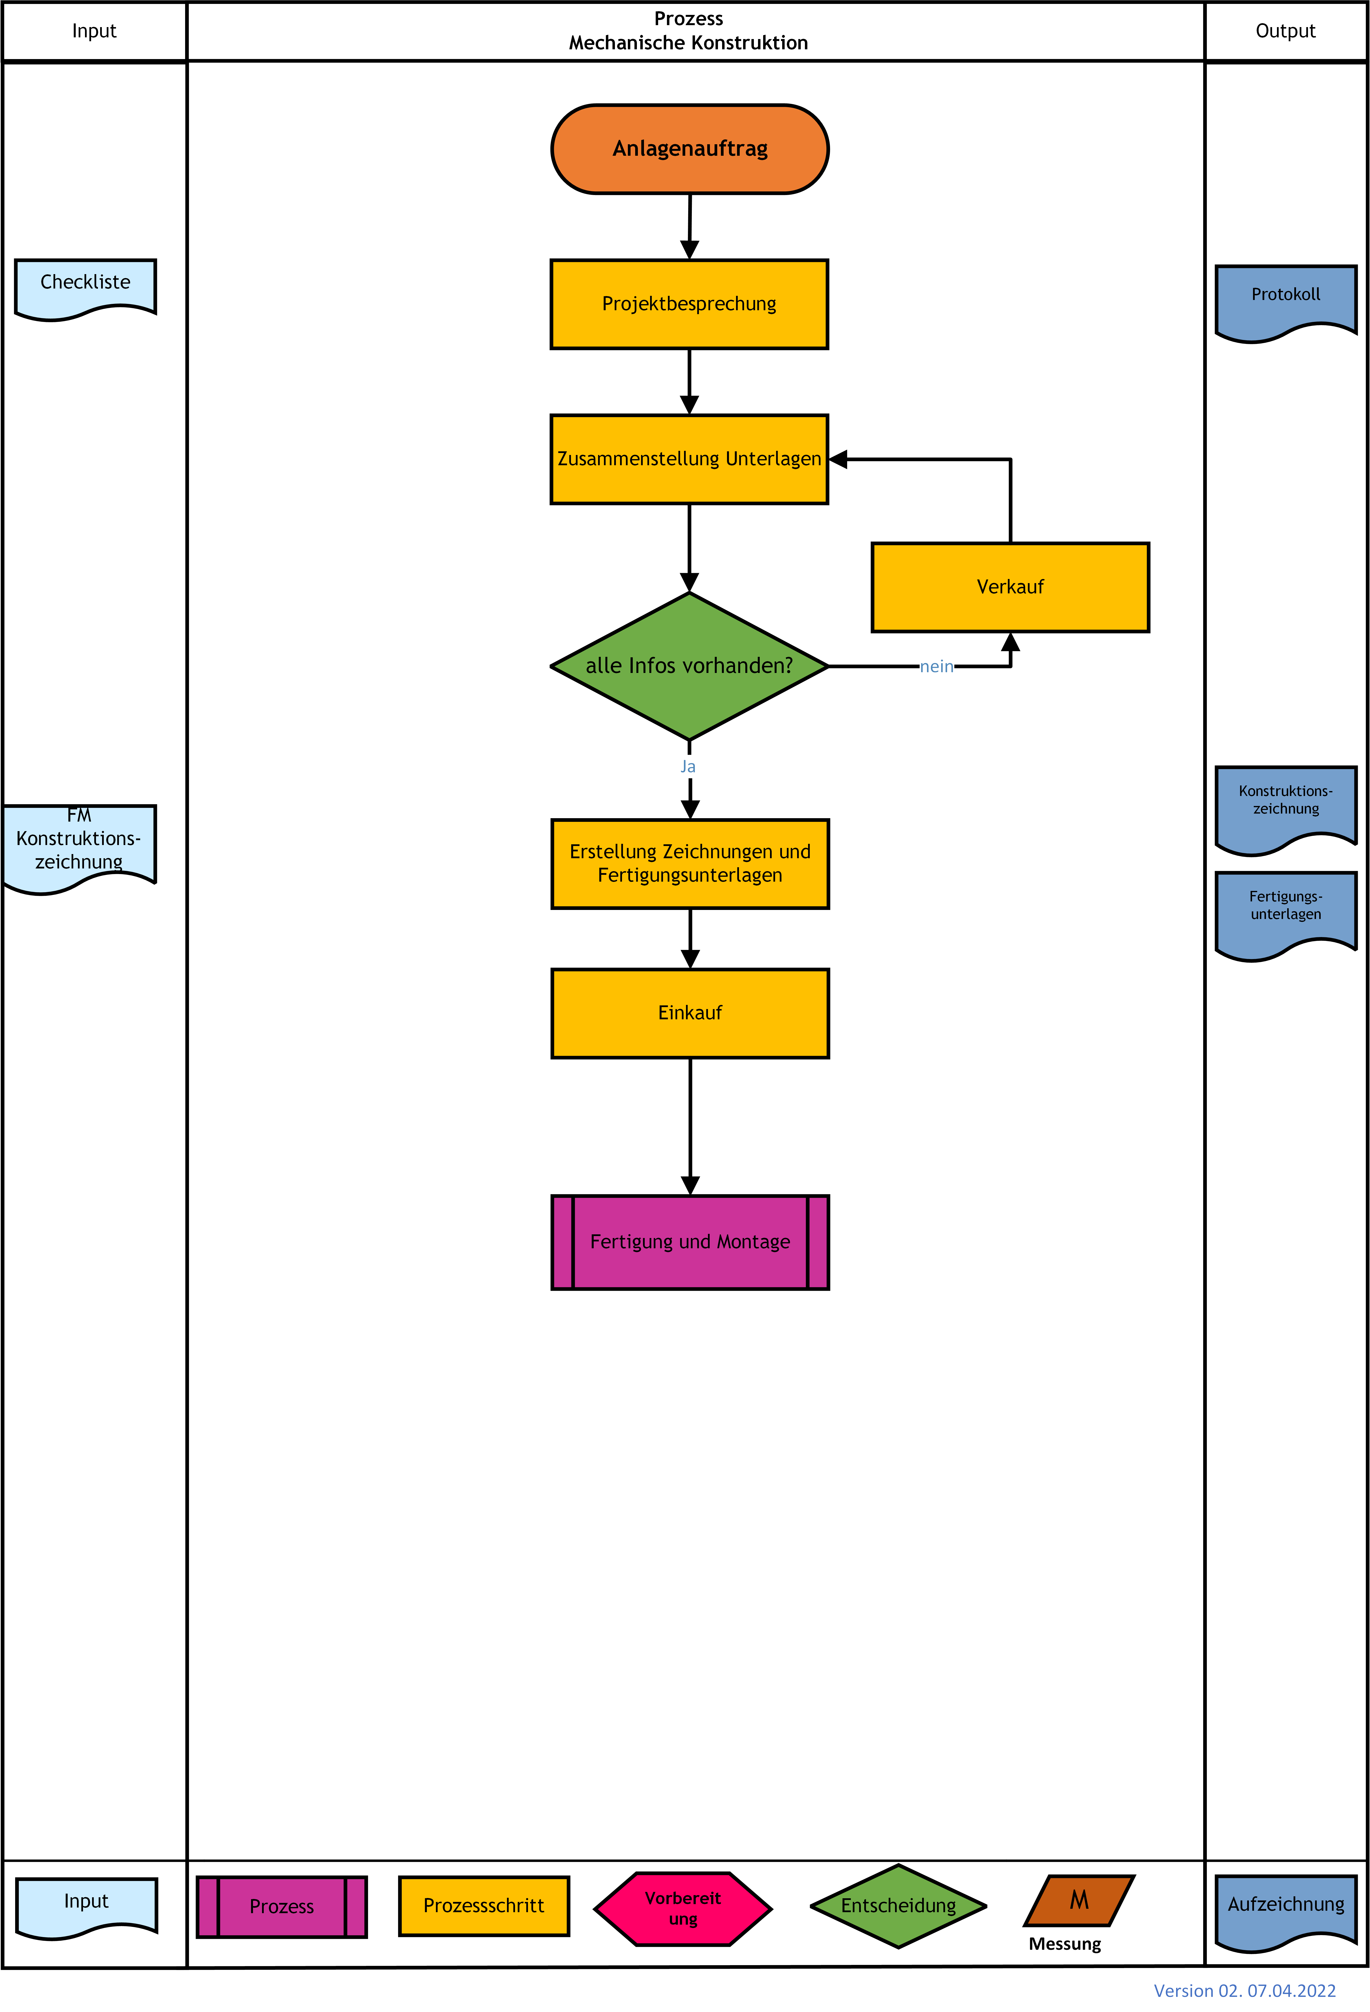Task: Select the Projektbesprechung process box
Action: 689,304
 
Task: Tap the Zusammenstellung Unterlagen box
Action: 689,459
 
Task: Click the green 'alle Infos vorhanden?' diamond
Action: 689,666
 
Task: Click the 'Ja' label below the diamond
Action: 688,766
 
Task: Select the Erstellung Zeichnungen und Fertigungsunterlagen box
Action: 690,863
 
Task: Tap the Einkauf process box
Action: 690,1013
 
